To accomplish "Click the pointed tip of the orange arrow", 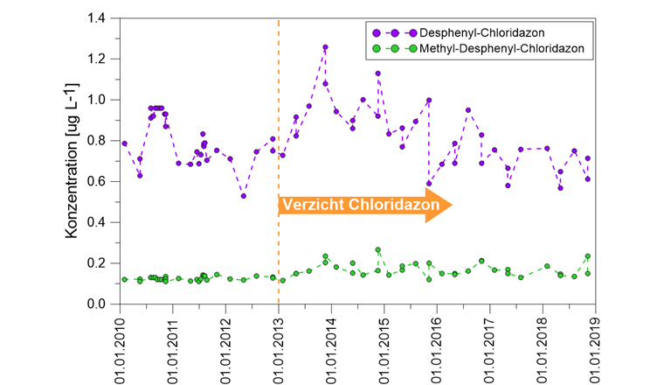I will coord(451,205).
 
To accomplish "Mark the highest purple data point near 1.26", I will coord(325,47).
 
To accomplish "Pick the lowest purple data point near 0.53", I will coord(244,196).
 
